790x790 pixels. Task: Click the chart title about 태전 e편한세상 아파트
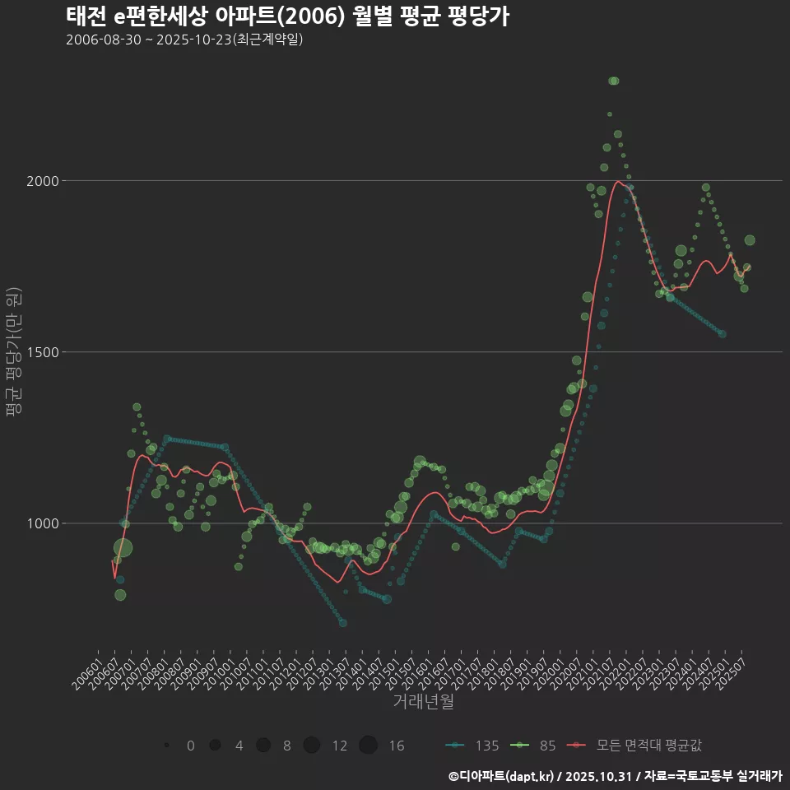coord(287,16)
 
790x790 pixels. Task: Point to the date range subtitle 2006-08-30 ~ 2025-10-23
coord(184,39)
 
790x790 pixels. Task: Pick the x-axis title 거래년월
coord(423,702)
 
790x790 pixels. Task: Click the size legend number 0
coord(191,746)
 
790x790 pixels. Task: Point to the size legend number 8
coord(286,746)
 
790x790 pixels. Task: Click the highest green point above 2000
coord(613,81)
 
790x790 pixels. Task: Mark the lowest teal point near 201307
coord(343,623)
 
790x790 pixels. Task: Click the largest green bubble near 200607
coord(123,549)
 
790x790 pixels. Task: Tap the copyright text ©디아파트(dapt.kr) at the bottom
coord(502,776)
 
